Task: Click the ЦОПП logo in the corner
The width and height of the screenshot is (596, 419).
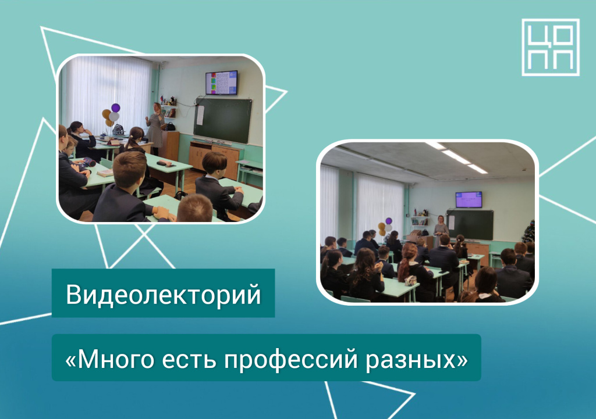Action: tap(551, 47)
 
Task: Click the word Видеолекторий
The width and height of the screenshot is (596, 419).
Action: tap(164, 294)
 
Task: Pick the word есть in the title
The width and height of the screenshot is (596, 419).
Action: tap(189, 359)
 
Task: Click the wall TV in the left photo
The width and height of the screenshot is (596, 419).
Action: tap(221, 83)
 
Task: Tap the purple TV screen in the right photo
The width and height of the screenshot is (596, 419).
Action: tap(469, 200)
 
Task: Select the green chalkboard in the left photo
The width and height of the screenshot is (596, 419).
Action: tap(223, 120)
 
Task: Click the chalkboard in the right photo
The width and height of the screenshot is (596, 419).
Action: tap(470, 225)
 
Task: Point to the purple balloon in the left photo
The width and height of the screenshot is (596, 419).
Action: tap(116, 108)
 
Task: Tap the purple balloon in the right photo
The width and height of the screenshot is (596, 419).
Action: tap(388, 220)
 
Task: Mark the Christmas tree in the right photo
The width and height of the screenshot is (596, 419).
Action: tap(528, 231)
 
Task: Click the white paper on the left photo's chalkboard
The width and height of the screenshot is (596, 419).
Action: tap(200, 116)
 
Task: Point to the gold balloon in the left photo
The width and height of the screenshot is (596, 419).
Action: tap(107, 114)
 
